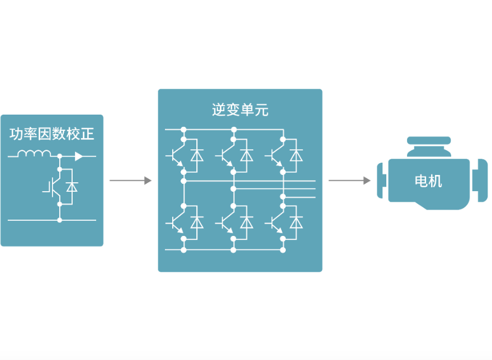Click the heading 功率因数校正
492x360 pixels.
[x=52, y=134]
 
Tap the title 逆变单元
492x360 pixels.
[x=240, y=110]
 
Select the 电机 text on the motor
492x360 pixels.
[x=428, y=181]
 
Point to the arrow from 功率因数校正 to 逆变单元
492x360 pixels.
[x=130, y=181]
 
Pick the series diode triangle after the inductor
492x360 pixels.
[x=79, y=157]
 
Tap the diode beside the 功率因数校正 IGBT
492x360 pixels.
[x=71, y=187]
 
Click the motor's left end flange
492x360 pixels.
[x=382, y=181]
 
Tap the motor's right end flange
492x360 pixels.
[x=480, y=181]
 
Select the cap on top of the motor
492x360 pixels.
[x=429, y=142]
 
